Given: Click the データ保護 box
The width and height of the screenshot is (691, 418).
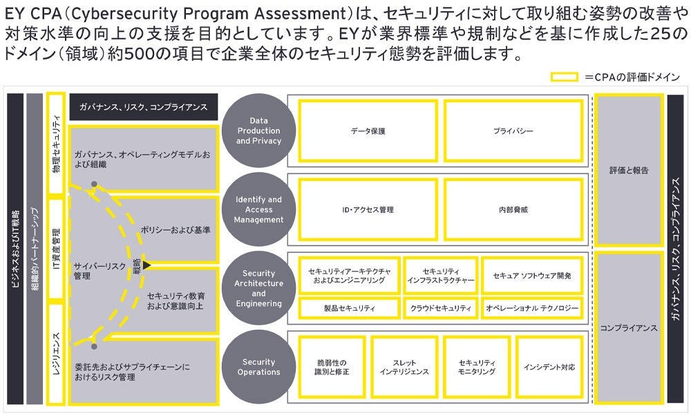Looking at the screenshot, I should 368,131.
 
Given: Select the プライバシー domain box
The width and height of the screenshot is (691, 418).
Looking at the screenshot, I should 513,131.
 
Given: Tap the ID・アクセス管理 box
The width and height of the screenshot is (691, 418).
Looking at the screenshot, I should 368,209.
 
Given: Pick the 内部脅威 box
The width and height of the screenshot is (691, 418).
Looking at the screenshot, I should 513,209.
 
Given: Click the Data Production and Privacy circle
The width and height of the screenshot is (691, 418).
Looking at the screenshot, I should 259,131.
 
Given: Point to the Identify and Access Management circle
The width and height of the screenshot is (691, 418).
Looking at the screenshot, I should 259,209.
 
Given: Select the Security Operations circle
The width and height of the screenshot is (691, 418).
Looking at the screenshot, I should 259,367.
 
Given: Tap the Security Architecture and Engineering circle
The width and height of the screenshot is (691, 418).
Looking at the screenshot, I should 259,289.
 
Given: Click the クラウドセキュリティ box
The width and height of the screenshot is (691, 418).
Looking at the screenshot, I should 439,308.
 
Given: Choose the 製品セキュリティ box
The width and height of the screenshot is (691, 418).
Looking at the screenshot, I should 350,308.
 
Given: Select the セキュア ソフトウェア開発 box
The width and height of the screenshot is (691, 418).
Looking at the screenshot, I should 532,276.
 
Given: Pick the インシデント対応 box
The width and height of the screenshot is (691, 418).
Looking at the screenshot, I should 549,367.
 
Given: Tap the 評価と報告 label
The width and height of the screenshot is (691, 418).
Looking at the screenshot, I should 629,169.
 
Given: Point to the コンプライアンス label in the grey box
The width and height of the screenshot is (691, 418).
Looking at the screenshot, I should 629,327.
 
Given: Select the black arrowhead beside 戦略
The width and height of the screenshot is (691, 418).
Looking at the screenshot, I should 146,265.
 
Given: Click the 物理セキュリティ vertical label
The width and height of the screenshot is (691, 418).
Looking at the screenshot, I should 57,144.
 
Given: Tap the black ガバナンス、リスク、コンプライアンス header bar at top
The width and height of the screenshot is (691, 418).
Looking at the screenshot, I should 143,107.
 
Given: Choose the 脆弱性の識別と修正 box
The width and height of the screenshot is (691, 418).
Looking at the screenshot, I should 332,367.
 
